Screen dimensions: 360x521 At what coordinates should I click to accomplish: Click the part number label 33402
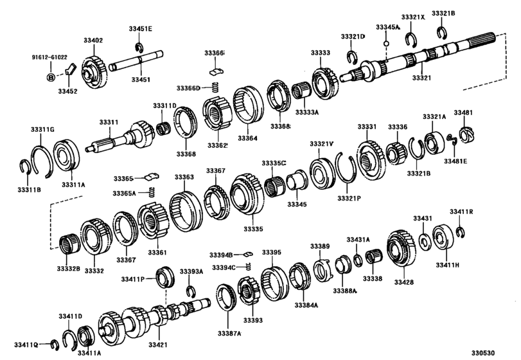pos(93,40)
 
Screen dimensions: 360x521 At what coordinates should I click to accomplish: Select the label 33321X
pos(413,17)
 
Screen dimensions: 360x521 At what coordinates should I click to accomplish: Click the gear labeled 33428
pos(404,249)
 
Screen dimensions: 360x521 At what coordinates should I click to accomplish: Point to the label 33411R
pos(461,212)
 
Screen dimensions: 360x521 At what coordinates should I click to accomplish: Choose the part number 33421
pos(158,345)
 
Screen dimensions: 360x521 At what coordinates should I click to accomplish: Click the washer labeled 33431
pos(425,242)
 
